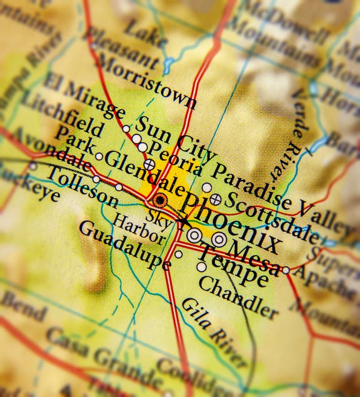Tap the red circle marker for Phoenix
161,201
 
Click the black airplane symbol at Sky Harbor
182,223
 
